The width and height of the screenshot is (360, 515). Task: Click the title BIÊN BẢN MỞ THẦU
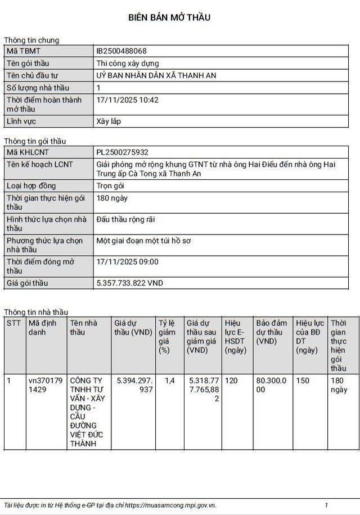169,17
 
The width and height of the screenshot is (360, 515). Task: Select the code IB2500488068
125,51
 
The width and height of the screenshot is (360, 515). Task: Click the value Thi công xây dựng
128,64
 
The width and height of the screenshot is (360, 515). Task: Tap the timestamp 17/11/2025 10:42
128,100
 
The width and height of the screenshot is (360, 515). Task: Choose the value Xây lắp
109,121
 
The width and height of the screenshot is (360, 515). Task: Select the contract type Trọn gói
111,186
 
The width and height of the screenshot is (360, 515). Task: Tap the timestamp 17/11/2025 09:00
128,262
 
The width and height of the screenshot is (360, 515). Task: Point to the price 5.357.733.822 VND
130,283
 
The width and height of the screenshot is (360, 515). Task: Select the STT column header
13,323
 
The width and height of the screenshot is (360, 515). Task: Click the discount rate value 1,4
170,381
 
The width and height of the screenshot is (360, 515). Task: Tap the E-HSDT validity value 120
231,381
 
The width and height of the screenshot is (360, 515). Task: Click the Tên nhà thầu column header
84,327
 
